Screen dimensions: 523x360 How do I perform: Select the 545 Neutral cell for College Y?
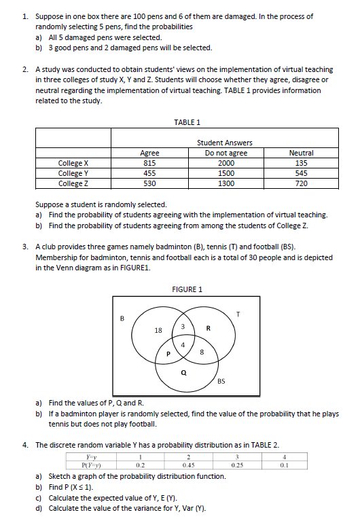(x=302, y=173)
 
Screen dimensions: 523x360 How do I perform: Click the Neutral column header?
(x=302, y=153)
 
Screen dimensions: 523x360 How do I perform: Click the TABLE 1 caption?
(x=187, y=122)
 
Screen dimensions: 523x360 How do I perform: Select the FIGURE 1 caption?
(x=187, y=289)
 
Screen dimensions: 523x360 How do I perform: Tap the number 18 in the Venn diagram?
(x=158, y=330)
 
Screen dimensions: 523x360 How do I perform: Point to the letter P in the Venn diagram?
(x=168, y=353)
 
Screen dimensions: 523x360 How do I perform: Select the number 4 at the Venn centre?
(x=181, y=344)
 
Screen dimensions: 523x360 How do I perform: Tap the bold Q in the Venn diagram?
(x=183, y=372)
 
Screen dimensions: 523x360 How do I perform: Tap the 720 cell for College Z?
(x=302, y=183)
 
